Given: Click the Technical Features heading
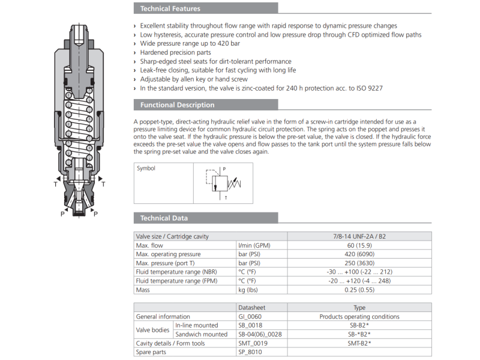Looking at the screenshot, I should pyautogui.click(x=170, y=8).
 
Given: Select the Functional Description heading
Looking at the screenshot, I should pyautogui.click(x=177, y=105).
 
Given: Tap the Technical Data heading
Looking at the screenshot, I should pyautogui.click(x=164, y=218).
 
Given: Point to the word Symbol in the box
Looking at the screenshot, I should pyautogui.click(x=146, y=169).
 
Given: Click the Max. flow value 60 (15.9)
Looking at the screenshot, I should pyautogui.click(x=359, y=245).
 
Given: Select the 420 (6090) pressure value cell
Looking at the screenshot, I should pyautogui.click(x=359, y=254).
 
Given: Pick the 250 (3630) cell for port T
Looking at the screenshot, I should pyautogui.click(x=359, y=263).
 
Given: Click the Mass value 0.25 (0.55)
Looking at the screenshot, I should pyautogui.click(x=359, y=290).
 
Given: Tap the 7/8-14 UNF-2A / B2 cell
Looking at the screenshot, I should pyautogui.click(x=359, y=236).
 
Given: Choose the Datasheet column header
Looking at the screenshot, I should pyautogui.click(x=251, y=308).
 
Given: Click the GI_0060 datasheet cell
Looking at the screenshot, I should pyautogui.click(x=250, y=316).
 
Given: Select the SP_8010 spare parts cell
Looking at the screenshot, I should pyautogui.click(x=250, y=352).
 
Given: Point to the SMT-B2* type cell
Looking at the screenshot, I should pyautogui.click(x=359, y=343).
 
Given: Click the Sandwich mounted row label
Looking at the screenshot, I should pyautogui.click(x=201, y=334).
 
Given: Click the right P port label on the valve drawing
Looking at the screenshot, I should pyautogui.click(x=96, y=213).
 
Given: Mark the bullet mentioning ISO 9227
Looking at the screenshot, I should pyautogui.click(x=261, y=88).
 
